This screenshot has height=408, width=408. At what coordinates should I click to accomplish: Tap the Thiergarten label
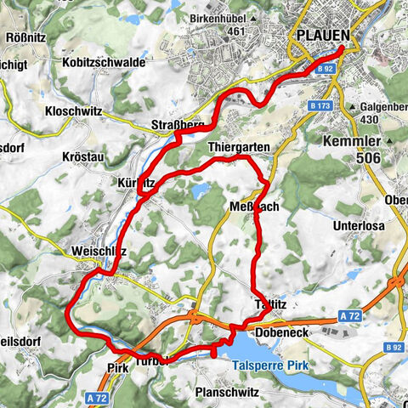pyautogui.click(x=239, y=147)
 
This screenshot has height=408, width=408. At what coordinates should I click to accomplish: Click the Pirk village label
pyautogui.click(x=117, y=368)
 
